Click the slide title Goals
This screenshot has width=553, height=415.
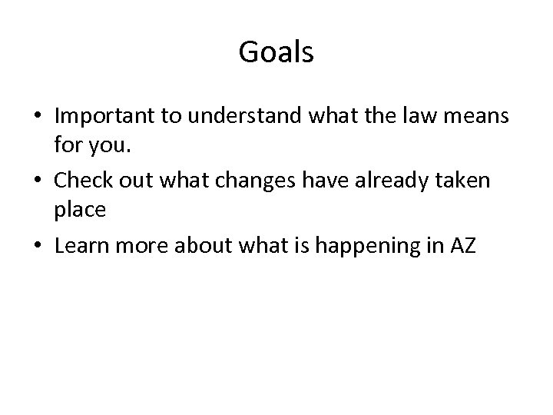click(x=276, y=53)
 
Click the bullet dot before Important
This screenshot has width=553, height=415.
click(x=38, y=118)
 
